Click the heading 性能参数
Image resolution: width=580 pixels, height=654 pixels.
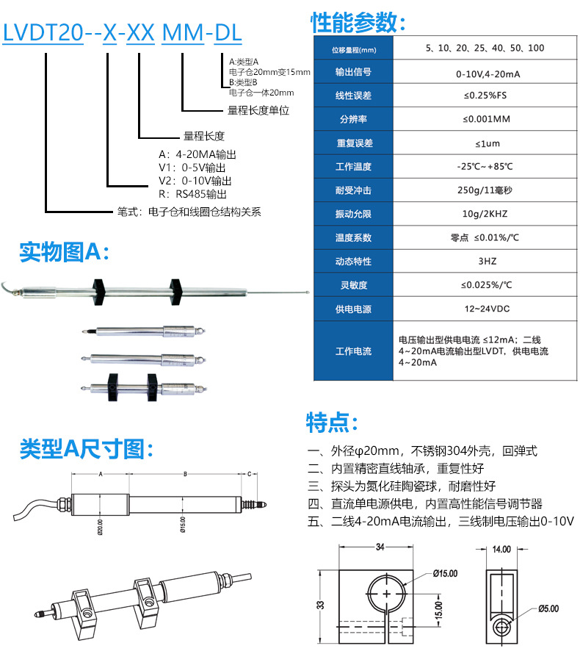tap(358, 23)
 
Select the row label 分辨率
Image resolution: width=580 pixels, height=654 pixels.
tap(353, 119)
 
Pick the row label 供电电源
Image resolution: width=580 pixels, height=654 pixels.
tap(353, 308)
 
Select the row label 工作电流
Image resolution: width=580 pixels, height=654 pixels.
tap(353, 351)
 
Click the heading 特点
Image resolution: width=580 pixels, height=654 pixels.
tap(332, 423)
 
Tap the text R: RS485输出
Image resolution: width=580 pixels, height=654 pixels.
tap(193, 195)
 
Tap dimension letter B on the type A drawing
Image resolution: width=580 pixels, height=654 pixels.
tap(185, 475)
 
